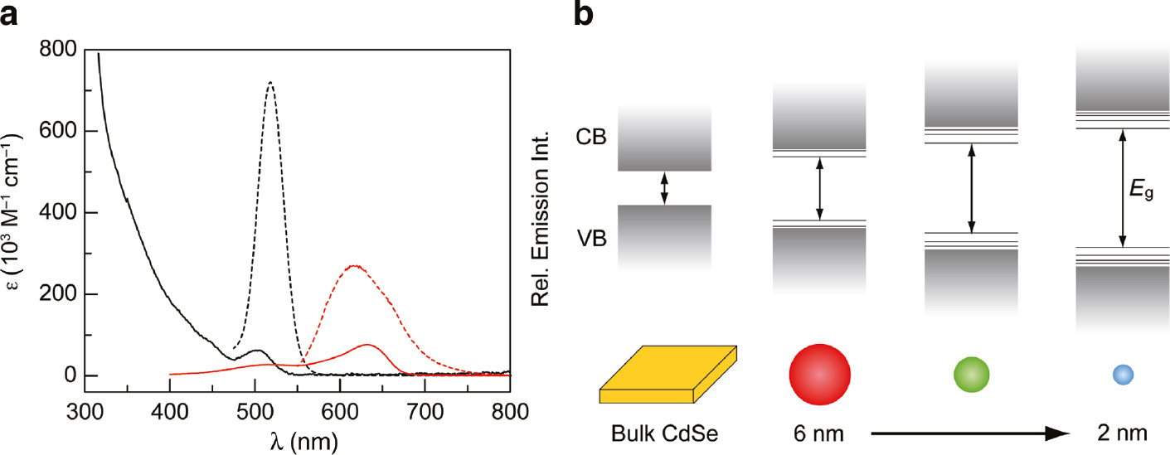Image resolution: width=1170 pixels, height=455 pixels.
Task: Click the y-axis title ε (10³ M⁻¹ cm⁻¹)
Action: pos(18,213)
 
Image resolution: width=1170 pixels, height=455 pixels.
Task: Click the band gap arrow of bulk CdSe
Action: pos(663,188)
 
